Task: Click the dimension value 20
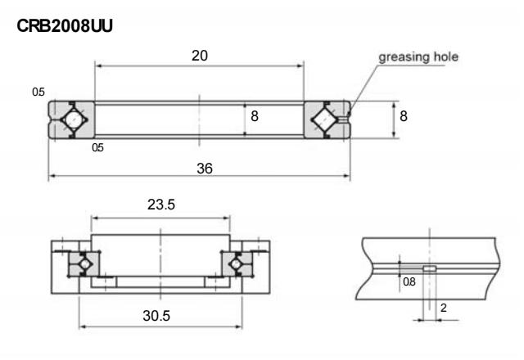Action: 199,56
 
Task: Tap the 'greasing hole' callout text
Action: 418,56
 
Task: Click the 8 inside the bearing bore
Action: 255,117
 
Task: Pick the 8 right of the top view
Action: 403,117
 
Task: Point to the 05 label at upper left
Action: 38,92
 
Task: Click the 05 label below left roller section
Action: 98,149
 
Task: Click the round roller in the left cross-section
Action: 73,119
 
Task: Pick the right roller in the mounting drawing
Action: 238,264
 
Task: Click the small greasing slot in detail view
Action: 429,268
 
